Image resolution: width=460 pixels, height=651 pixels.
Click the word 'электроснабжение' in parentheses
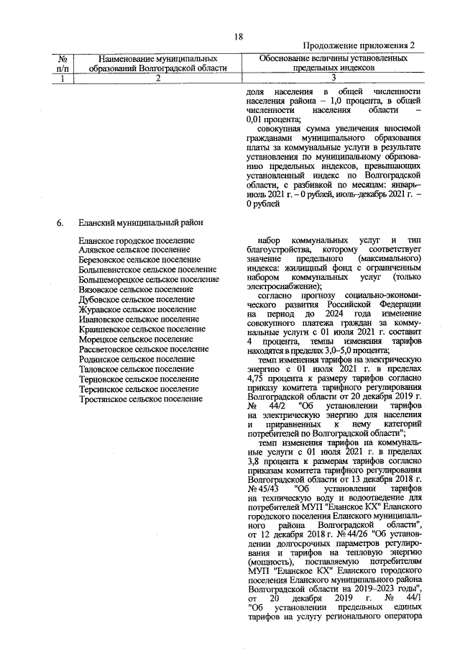click(284, 288)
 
